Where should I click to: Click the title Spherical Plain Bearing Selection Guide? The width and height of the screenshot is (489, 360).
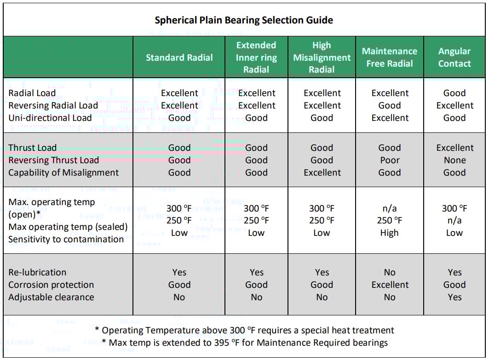coord(244,20)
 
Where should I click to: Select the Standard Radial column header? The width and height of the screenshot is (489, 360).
coord(179,57)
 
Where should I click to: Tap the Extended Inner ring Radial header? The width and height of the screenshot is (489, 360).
coord(256,57)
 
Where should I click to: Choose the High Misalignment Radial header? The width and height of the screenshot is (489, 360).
coord(322,57)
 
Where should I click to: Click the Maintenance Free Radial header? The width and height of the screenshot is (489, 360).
coord(390,57)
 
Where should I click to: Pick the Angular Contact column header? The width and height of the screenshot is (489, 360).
coord(454,57)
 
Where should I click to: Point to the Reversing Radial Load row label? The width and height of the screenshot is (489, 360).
coord(53,105)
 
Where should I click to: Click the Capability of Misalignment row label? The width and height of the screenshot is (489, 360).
coord(63,173)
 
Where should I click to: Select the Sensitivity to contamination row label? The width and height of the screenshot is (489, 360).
coord(66,239)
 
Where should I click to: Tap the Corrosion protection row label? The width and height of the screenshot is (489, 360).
coord(51,285)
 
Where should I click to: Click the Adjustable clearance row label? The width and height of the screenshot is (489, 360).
coord(51,297)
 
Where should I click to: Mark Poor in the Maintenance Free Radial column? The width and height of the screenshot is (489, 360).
coord(390,160)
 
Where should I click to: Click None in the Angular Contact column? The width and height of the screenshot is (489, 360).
coord(454,160)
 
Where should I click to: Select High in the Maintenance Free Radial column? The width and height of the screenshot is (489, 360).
coord(389,233)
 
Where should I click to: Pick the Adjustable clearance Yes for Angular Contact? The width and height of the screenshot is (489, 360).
coord(454,297)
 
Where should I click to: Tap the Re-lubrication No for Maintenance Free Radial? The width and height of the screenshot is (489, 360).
coord(390,272)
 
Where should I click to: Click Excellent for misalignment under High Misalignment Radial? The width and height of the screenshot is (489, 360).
coord(322,173)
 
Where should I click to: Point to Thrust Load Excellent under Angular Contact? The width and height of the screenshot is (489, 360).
coord(454,148)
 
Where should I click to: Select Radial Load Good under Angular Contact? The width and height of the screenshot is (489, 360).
coord(454,93)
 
